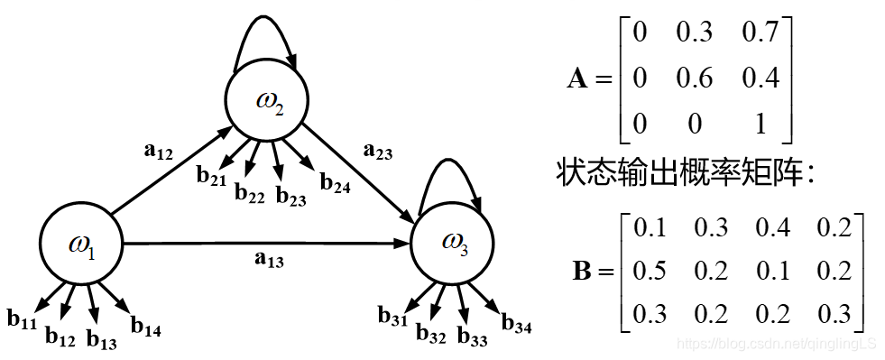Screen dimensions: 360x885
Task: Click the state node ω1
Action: point(81,244)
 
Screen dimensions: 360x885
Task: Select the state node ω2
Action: point(268,101)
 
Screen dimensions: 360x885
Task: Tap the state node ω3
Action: point(453,241)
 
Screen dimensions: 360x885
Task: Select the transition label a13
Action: point(269,261)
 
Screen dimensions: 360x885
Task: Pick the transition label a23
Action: point(377,152)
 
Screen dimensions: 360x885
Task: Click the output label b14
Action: point(146,326)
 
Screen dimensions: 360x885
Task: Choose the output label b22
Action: point(250,192)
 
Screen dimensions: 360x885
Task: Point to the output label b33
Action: point(473,337)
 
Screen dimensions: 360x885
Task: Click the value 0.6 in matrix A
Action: point(695,78)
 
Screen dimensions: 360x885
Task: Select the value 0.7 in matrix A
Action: point(761,33)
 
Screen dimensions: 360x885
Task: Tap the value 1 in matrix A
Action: point(761,124)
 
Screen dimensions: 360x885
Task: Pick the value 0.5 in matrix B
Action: point(650,271)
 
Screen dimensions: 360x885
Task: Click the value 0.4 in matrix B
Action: point(771,227)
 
